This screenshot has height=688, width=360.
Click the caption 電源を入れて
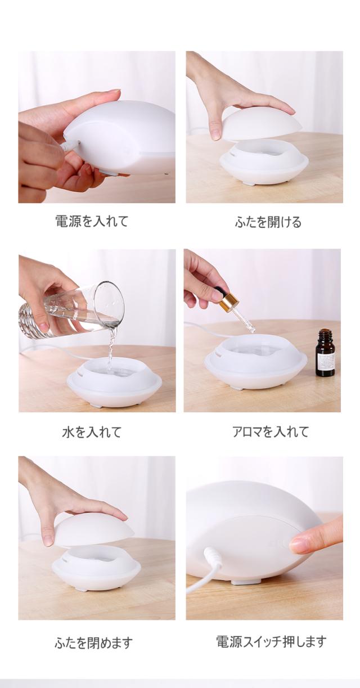pos(92,222)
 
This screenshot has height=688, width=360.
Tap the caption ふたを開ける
pos(268,222)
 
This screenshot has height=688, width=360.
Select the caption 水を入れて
pos(92,432)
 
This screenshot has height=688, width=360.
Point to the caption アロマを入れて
pos(271,432)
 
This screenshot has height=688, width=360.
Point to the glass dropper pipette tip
pos(253,330)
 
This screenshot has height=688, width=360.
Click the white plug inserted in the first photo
pos(69,145)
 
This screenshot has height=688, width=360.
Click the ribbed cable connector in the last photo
pos(213,555)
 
